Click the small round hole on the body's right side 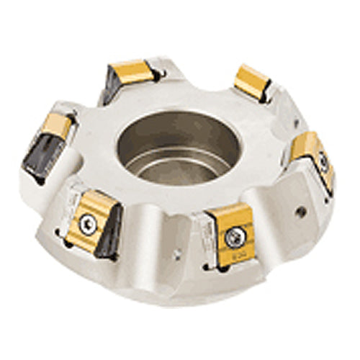[300, 213]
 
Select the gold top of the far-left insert [56, 126]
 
